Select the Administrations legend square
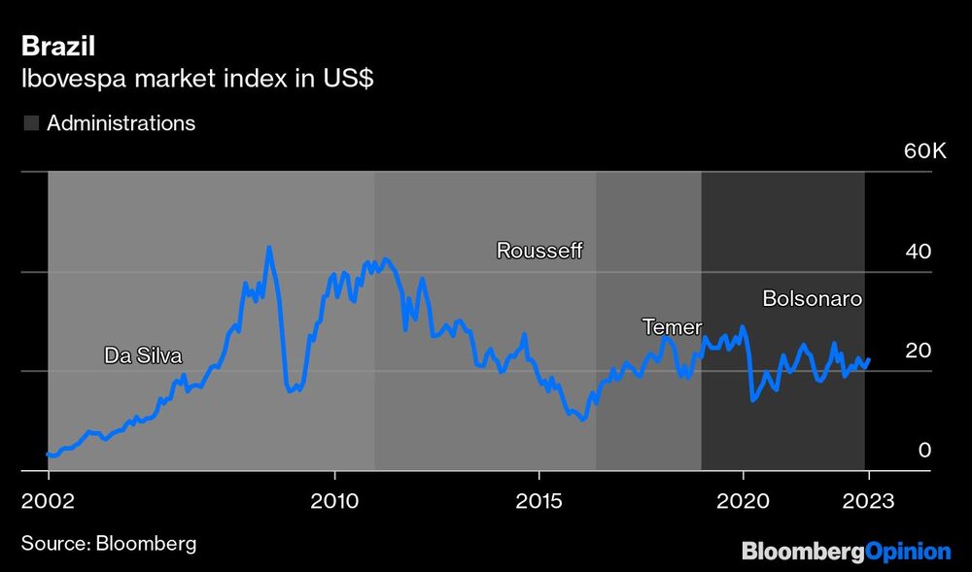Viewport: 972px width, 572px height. [x=31, y=123]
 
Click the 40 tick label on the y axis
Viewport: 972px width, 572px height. [x=919, y=252]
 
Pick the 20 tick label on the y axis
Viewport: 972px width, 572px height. [x=919, y=351]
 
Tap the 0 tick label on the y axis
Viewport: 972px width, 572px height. [x=925, y=450]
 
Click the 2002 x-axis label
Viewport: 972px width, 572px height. [x=48, y=502]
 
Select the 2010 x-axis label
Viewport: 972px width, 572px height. [x=334, y=502]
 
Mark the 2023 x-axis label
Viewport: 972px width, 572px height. [x=869, y=502]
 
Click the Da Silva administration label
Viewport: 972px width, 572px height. [x=143, y=355]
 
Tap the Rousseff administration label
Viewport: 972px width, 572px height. [x=539, y=251]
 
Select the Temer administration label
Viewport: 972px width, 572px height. [x=672, y=327]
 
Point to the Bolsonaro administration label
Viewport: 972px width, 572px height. [x=813, y=299]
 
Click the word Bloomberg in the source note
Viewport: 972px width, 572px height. [x=146, y=543]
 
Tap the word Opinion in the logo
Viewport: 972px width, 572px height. [x=908, y=552]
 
